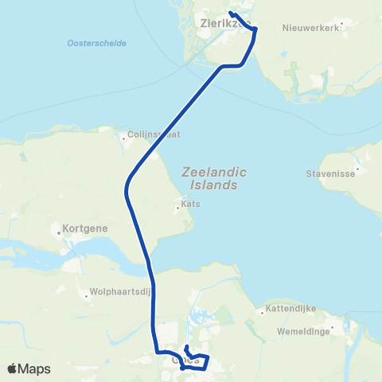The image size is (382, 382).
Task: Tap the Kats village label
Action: (x=189, y=204)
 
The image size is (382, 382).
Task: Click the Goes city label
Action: (x=185, y=360)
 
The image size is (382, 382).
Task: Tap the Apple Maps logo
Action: (x=29, y=368)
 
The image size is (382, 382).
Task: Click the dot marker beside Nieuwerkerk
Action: (x=342, y=24)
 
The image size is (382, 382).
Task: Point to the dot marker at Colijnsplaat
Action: (x=123, y=138)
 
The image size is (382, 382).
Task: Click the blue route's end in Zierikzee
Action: (x=230, y=13)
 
